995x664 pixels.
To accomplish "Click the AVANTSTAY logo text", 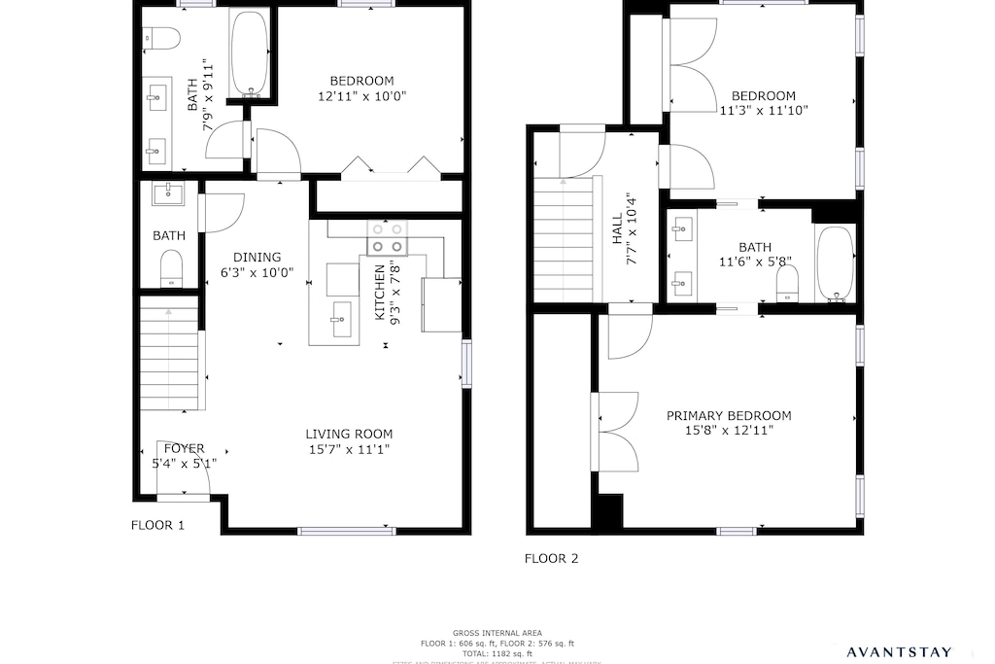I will tap(911, 651).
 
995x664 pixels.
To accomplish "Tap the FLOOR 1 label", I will tap(157, 525).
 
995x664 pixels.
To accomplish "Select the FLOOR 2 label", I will tap(551, 558).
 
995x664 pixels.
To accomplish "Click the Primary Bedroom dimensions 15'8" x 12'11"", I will tap(729, 430).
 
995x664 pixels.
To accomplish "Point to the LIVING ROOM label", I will tap(349, 435).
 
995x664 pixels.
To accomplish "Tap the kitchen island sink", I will tap(341, 317).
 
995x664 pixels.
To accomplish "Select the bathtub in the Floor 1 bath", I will tap(251, 54).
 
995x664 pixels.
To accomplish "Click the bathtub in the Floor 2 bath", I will tap(834, 263).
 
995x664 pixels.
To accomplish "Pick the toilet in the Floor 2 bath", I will tap(787, 284).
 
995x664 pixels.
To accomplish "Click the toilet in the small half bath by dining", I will tap(172, 267).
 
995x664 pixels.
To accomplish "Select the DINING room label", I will tap(257, 258).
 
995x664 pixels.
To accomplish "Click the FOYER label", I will tap(184, 449).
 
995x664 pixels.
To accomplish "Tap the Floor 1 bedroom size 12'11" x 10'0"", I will tap(361, 96).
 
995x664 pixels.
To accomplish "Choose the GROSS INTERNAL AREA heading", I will tap(497, 633).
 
